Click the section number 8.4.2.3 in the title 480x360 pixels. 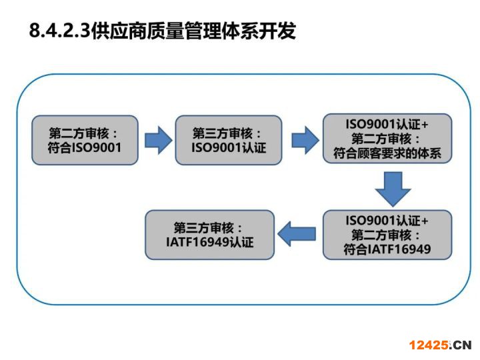[x=60, y=31]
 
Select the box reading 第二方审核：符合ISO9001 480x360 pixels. [x=85, y=140]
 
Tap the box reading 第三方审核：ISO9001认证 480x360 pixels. [x=229, y=140]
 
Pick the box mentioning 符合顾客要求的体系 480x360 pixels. [x=387, y=139]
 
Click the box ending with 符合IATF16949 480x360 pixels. [x=387, y=235]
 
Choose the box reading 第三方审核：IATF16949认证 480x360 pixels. [x=210, y=235]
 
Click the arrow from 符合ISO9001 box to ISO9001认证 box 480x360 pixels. [x=158, y=140]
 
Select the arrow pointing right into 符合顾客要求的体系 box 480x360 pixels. [x=305, y=140]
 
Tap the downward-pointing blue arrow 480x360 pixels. [x=393, y=189]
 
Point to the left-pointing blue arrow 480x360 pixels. [x=296, y=234]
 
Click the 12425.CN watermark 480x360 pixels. [x=440, y=345]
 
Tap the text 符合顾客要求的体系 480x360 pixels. [x=387, y=153]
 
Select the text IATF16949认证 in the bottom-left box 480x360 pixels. [x=210, y=242]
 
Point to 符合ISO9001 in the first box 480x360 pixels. [x=85, y=147]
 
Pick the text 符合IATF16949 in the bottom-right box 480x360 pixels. [x=387, y=249]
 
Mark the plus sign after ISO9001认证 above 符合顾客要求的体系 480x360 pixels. [x=424, y=125]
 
